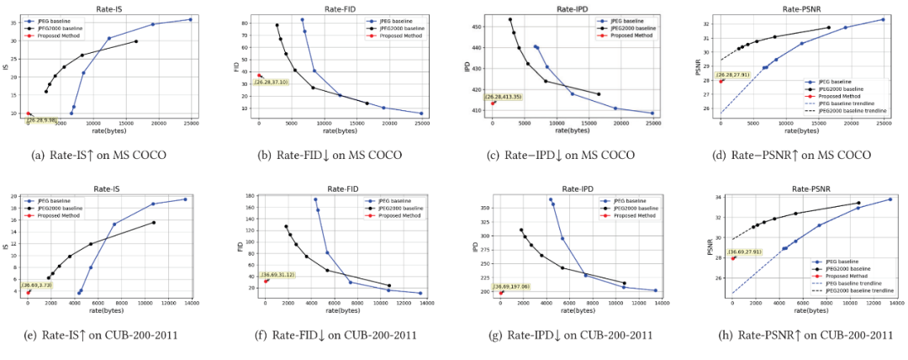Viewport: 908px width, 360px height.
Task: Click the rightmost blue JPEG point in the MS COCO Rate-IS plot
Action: pyautogui.click(x=191, y=19)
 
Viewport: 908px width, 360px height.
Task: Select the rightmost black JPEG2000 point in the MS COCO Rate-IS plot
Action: pyautogui.click(x=136, y=41)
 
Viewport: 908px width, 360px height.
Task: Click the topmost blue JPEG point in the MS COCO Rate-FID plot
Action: pyautogui.click(x=302, y=19)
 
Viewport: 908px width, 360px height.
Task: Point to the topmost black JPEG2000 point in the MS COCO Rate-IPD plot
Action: pyautogui.click(x=509, y=19)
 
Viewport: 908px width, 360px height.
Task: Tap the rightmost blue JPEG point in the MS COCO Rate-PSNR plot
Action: pyautogui.click(x=883, y=19)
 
